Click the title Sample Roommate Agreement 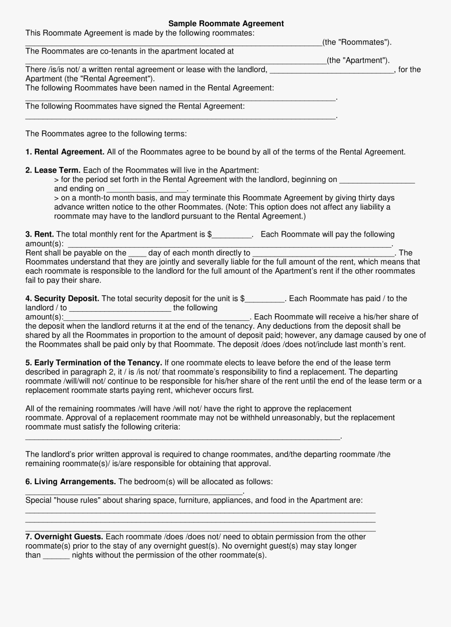tap(225, 24)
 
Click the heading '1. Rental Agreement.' tap(65, 152)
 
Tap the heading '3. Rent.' tap(40, 234)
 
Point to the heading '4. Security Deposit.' tap(63, 298)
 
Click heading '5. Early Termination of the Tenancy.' tap(94, 362)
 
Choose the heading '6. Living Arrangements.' tap(71, 482)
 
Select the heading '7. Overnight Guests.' tap(65, 537)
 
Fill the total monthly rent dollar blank tap(233, 235)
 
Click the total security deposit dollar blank tap(265, 299)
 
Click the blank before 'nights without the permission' tap(56, 556)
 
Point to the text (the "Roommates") tap(357, 42)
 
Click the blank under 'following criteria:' tap(183, 437)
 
